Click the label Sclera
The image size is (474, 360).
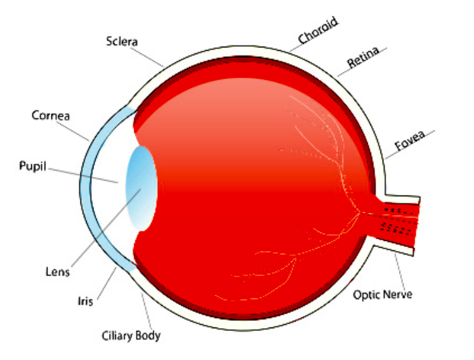tap(122, 42)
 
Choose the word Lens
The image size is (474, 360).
tap(57, 272)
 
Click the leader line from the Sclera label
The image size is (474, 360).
tap(150, 56)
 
